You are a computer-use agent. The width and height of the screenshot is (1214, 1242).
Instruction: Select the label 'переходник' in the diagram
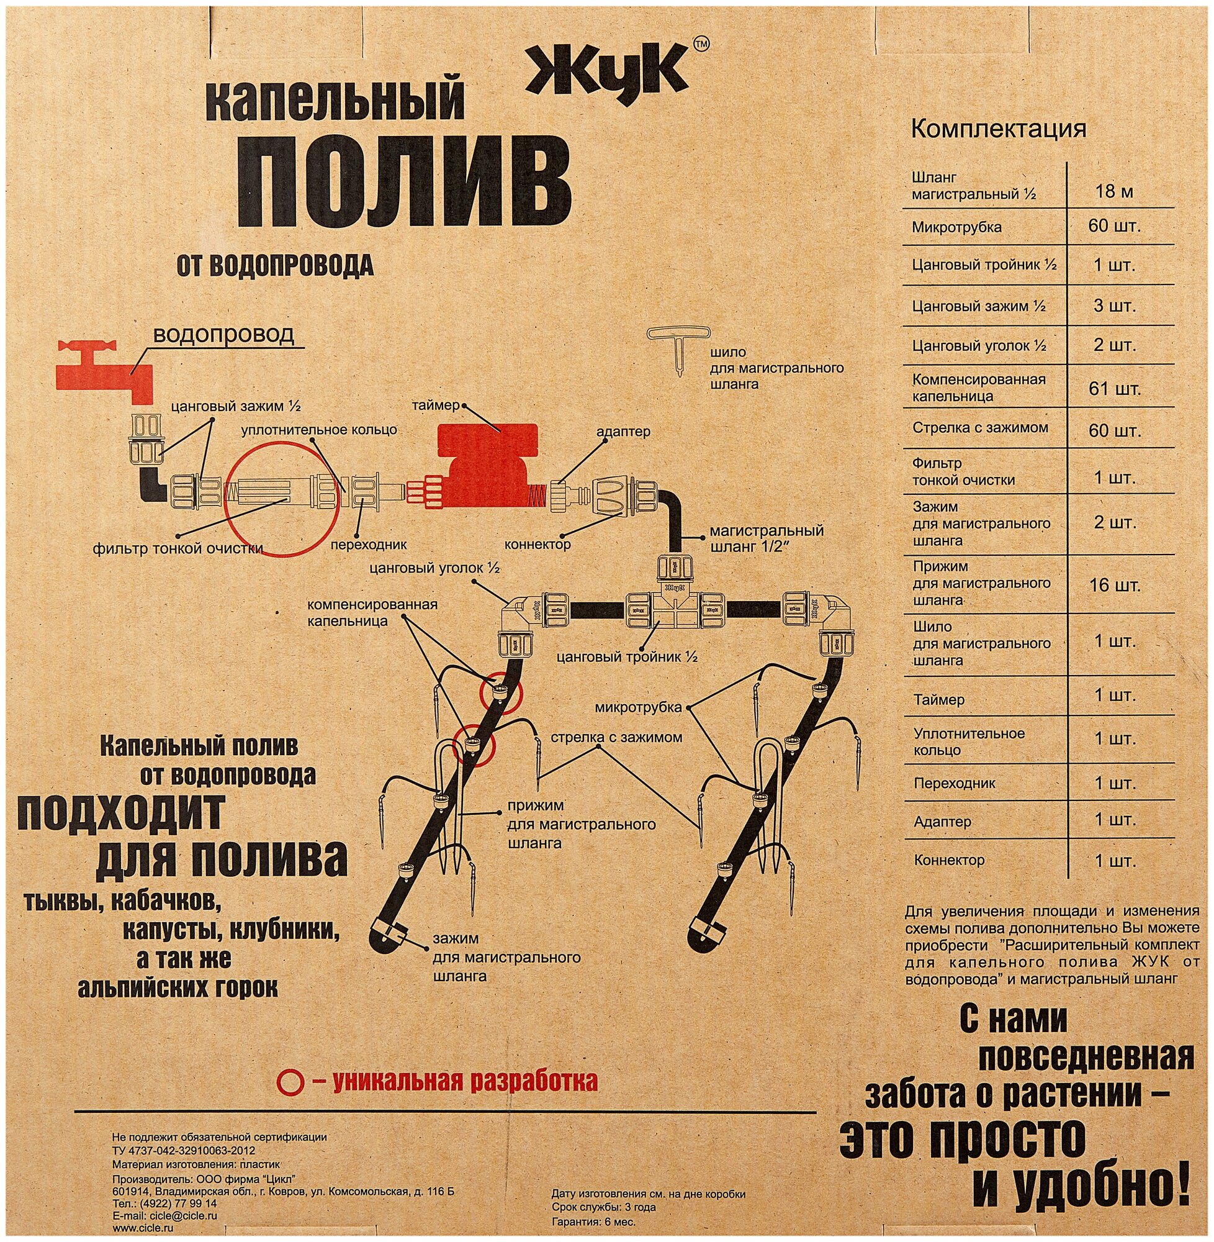coord(368,545)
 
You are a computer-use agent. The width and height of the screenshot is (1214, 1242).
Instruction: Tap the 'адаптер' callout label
coord(623,431)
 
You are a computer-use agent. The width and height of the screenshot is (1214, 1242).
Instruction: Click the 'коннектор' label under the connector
coord(537,545)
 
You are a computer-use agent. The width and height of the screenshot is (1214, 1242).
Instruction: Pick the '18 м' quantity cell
coord(1114,191)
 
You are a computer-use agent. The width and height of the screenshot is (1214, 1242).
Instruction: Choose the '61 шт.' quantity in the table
coord(1114,388)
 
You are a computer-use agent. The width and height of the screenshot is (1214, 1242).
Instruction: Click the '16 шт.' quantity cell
coord(1114,584)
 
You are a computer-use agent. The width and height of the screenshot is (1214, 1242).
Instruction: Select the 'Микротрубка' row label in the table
coord(956,228)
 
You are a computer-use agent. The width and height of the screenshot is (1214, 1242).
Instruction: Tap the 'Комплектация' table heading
coord(999,129)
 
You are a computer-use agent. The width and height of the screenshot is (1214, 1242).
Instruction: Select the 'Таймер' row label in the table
coord(939,700)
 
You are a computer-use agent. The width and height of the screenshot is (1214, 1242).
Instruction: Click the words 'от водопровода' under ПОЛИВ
coord(275,265)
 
